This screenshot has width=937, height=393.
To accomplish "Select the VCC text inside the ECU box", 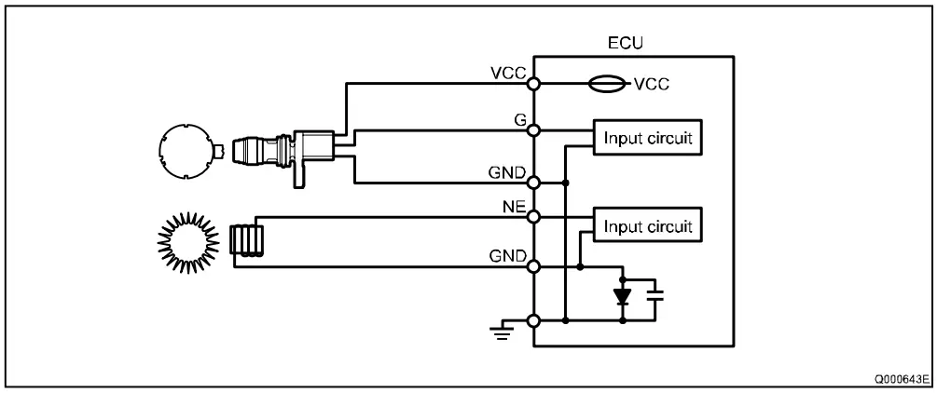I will coord(652,84).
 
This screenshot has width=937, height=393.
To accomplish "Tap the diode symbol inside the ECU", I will coord(622,297).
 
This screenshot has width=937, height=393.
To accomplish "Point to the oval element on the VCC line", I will coord(611,84).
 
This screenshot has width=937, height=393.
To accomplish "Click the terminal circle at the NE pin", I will coord(533,217).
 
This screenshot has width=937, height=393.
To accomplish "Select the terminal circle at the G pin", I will coord(533,130).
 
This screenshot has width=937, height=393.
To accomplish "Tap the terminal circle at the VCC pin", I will coord(533,84).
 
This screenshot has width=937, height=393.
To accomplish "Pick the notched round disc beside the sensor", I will coord(187,151).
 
